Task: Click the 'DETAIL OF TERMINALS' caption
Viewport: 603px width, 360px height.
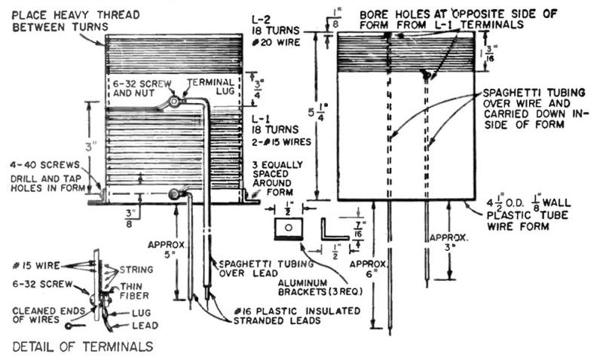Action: point(83,346)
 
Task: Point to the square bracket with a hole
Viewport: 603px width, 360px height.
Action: point(286,227)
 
